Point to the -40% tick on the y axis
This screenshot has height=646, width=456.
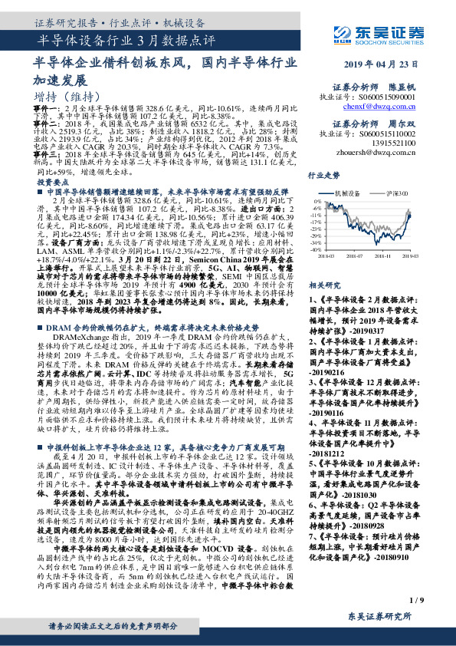317,249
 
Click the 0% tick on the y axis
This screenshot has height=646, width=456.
318,201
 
